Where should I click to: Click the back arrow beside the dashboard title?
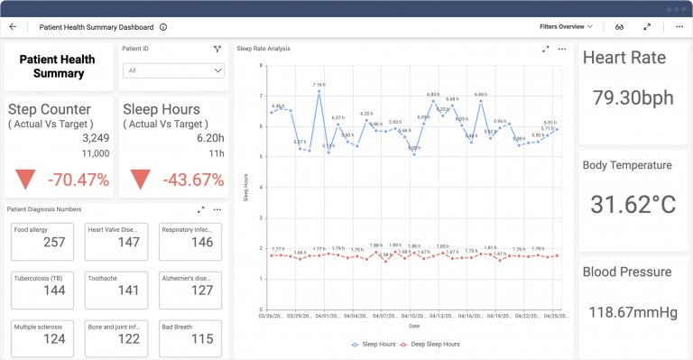(13, 27)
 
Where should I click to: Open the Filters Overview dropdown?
(565, 27)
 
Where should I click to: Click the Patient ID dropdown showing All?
(173, 69)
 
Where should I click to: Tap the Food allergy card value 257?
(54, 242)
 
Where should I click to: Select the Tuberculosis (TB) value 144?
(54, 290)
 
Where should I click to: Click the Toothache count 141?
(128, 290)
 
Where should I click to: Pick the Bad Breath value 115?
(202, 338)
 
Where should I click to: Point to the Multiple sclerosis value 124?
(54, 338)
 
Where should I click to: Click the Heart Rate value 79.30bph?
(634, 97)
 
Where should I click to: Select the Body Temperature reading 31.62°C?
(633, 205)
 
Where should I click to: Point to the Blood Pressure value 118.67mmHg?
(633, 312)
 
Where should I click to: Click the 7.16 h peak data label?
(319, 85)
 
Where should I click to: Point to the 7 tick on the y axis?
(260, 96)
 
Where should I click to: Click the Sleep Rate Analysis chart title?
(263, 49)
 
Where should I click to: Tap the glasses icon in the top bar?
(620, 27)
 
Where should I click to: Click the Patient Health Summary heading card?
(59, 66)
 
